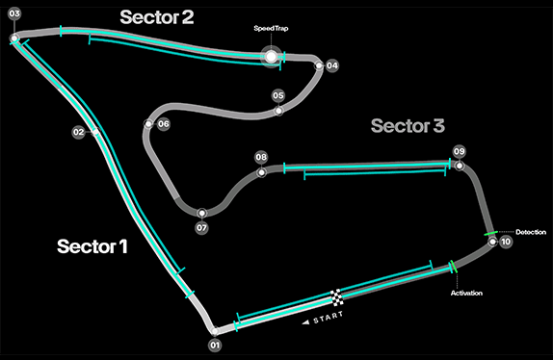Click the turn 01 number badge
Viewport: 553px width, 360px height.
tap(215, 345)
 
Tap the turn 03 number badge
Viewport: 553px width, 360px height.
tap(14, 13)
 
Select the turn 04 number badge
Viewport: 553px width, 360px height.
tap(331, 65)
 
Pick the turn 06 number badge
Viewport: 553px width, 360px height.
tap(163, 124)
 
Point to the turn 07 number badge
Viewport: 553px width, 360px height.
tap(201, 228)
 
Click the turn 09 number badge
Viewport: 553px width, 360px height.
tap(459, 151)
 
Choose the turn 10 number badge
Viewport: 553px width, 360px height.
tap(506, 242)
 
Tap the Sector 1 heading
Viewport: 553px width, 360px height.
tap(92, 246)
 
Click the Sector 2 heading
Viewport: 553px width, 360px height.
tap(157, 17)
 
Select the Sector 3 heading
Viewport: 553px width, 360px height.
tap(408, 126)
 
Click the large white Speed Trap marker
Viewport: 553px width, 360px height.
tap(271, 57)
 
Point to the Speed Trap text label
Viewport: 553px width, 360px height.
tap(271, 28)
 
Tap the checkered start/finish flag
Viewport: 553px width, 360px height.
tap(337, 297)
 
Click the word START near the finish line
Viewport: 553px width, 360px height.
tap(328, 317)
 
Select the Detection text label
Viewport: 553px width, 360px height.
tap(531, 232)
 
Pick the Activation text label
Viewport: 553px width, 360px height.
tap(466, 293)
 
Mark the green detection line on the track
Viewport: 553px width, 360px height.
tap(490, 233)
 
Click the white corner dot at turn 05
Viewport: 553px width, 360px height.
tap(278, 111)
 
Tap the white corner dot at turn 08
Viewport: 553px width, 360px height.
tap(261, 172)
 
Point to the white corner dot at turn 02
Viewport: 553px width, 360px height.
tap(95, 132)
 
